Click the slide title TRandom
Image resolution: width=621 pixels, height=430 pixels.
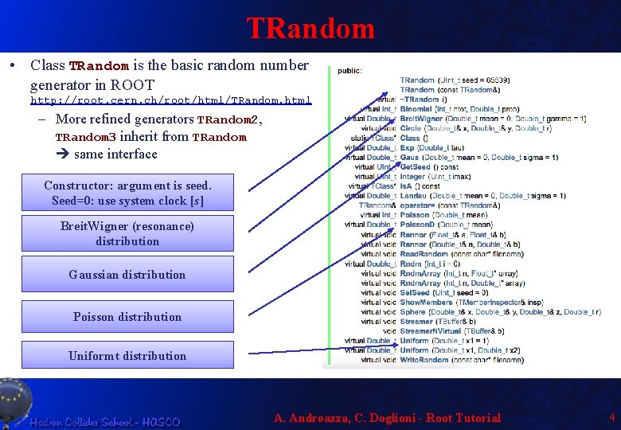coord(310,28)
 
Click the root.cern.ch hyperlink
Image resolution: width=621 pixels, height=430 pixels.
coord(170,101)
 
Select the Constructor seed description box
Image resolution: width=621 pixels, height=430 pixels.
coord(127,193)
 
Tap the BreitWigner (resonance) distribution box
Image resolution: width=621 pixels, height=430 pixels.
coord(127,233)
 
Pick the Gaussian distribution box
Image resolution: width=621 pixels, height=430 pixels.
coord(127,275)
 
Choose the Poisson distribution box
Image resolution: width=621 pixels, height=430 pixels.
coord(127,317)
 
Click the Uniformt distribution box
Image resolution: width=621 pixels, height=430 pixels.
coord(127,356)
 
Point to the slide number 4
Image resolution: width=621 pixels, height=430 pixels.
coord(611,417)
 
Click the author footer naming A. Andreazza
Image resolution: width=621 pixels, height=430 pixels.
coord(387,418)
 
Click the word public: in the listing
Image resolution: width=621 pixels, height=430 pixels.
coord(350,70)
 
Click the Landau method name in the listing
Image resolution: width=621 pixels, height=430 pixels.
coord(414,196)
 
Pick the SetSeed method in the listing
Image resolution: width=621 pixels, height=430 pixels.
coord(415,292)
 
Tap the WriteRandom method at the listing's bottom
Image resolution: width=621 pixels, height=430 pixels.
coord(424,360)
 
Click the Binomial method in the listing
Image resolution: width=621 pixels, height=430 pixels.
coord(416,109)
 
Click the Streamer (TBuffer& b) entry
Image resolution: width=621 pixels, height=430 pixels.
coord(417,321)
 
